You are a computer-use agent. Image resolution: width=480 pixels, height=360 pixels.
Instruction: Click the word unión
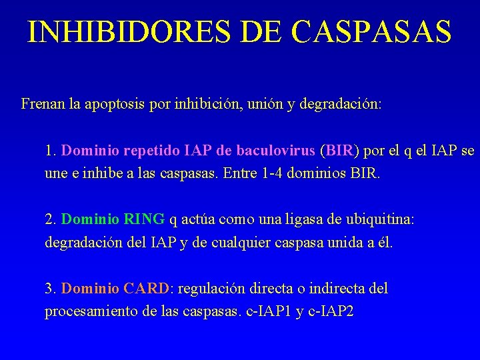(261, 104)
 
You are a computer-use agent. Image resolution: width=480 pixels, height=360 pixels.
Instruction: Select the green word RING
(144, 219)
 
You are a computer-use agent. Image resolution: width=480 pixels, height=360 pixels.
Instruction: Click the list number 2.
(50, 219)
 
